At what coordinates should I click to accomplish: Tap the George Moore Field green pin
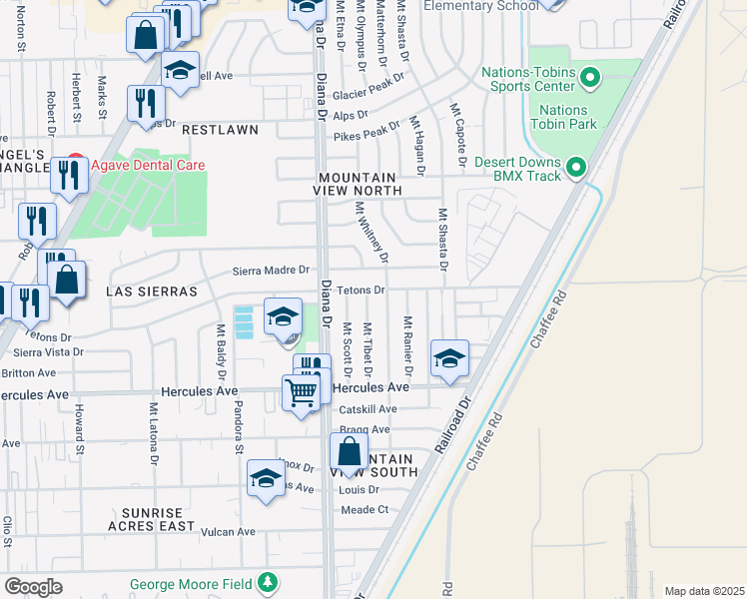[x=267, y=581]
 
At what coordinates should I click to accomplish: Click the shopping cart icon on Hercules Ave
[x=299, y=391]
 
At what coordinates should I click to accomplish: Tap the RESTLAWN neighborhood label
[x=220, y=130]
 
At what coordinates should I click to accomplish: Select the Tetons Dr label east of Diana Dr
[x=361, y=290]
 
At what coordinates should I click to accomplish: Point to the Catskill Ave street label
[x=368, y=408]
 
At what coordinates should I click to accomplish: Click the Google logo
[x=33, y=587]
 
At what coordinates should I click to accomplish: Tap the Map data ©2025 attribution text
[x=704, y=591]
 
